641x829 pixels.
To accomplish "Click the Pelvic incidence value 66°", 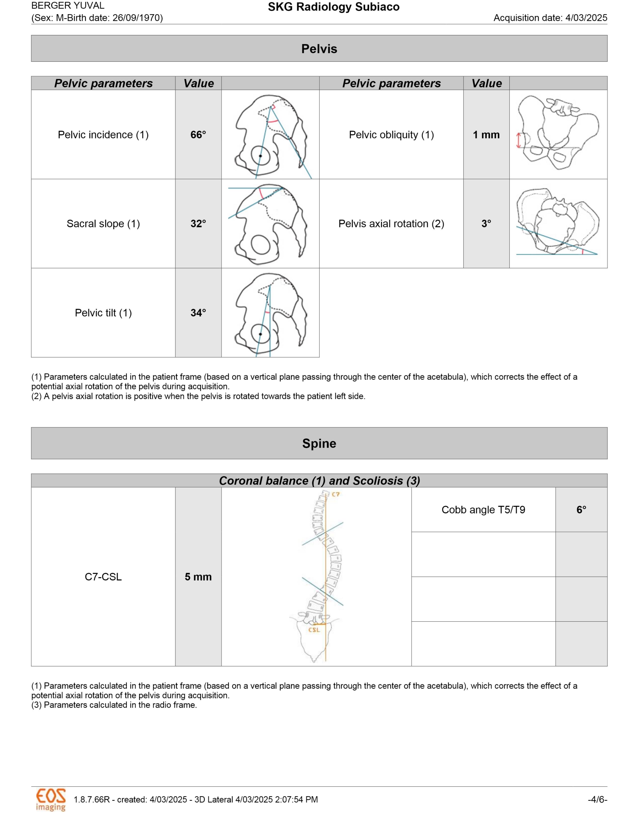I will pyautogui.click(x=198, y=135).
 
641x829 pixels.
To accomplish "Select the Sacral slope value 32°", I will pyautogui.click(x=198, y=224).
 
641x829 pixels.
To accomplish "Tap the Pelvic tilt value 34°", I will pyautogui.click(x=198, y=313).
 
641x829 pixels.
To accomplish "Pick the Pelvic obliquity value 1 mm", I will pyautogui.click(x=486, y=135).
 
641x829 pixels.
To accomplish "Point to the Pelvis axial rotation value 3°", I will pyautogui.click(x=486, y=224).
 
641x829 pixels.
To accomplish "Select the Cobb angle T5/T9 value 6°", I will pyautogui.click(x=581, y=509).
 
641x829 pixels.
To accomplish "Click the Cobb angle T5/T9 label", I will pyautogui.click(x=483, y=509).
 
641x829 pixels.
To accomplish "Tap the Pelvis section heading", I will pyautogui.click(x=319, y=48).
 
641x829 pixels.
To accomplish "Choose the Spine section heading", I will pyautogui.click(x=319, y=443).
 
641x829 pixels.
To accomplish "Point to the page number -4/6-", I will pyautogui.click(x=597, y=799).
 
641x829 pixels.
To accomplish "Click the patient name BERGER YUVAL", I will pyautogui.click(x=68, y=6).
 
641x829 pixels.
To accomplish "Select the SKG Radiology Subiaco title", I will pyautogui.click(x=333, y=7).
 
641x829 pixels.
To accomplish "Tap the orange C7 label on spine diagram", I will pyautogui.click(x=336, y=494).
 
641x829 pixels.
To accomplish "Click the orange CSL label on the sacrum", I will pyautogui.click(x=314, y=630).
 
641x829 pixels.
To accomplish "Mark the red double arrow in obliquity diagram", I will pyautogui.click(x=519, y=140).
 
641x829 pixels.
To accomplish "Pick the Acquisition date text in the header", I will pyautogui.click(x=550, y=18).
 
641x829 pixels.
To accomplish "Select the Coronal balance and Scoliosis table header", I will pyautogui.click(x=319, y=481).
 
